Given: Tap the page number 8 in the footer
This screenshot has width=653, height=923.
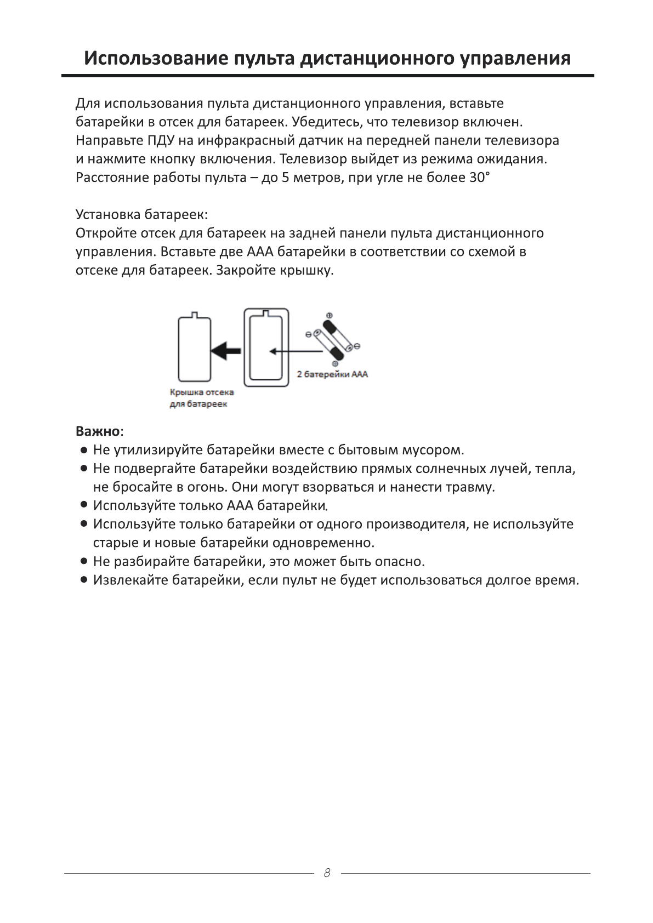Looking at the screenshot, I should [x=327, y=873].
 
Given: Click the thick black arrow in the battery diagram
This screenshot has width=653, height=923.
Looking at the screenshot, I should [x=226, y=349].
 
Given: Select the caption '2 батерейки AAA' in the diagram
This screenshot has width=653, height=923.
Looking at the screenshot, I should [x=332, y=375].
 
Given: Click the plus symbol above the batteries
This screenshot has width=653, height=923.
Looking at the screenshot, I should [x=330, y=315].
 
